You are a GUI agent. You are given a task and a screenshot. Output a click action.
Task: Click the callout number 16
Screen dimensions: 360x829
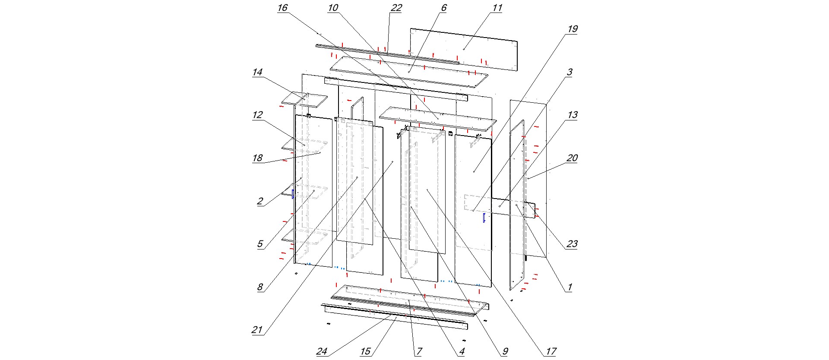coord(282,8)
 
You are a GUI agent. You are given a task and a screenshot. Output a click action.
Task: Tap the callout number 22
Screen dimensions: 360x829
coord(396,8)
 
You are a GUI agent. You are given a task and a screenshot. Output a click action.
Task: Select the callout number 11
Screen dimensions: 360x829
coord(497,8)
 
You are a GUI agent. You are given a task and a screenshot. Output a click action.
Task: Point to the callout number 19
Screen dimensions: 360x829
coord(572,29)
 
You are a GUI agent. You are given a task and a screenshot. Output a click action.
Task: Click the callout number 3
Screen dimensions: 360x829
coord(570,72)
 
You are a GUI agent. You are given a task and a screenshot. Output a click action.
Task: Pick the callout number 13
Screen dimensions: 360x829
coord(572,115)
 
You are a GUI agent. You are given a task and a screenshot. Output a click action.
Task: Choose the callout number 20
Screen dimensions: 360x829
coord(572,158)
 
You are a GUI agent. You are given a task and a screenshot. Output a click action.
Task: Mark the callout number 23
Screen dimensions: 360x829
coord(572,244)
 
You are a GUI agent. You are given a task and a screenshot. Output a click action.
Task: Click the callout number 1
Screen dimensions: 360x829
coord(570,287)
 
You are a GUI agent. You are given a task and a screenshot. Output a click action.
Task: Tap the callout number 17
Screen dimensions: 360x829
coord(551,351)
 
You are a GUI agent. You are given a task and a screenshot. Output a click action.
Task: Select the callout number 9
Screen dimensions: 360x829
coord(505,351)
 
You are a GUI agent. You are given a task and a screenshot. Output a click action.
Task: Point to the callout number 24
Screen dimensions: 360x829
coord(322,351)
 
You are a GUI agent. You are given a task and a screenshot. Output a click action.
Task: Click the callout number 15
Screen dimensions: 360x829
coord(365,351)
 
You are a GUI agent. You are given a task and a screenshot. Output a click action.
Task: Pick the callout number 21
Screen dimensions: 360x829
coord(257,330)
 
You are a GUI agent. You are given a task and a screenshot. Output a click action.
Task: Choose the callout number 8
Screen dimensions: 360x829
coord(260,287)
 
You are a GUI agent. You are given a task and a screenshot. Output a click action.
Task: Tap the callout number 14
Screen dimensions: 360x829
coord(257,72)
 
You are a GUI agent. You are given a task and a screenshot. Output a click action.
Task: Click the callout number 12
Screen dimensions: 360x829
coord(257,115)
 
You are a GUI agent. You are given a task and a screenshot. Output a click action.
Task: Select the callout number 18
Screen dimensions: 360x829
coord(257,158)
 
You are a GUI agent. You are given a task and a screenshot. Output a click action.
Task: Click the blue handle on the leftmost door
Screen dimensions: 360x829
coord(292,194)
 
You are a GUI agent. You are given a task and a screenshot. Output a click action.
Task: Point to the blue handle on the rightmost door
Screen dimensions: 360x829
coord(484,218)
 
